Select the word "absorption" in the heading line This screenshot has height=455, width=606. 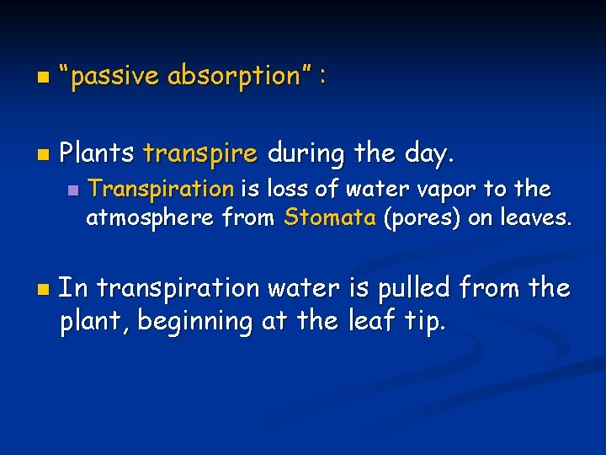233,77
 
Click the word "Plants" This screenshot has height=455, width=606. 97,154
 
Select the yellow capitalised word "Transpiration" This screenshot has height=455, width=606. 161,189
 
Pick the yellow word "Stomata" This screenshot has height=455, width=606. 330,217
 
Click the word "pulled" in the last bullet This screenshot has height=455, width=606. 407,289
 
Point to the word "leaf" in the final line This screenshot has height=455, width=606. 366,321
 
